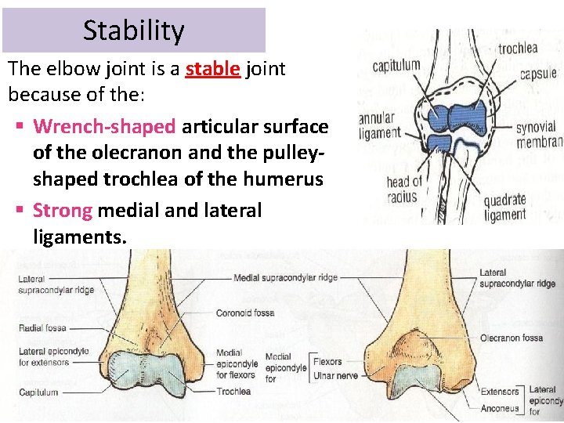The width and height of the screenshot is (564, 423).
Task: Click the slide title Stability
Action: click(133, 31)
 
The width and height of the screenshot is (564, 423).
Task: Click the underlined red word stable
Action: click(212, 69)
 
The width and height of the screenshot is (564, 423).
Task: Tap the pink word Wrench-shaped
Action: click(104, 125)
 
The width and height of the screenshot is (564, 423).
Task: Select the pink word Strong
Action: click(63, 210)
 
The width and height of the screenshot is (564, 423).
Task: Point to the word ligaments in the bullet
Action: click(79, 236)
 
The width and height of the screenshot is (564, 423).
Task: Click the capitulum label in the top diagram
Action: click(396, 66)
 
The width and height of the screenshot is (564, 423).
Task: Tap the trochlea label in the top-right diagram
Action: click(518, 49)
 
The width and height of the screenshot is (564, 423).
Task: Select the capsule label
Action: click(538, 75)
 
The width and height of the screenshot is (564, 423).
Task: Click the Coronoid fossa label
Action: click(245, 313)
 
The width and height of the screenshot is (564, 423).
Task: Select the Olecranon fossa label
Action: click(512, 339)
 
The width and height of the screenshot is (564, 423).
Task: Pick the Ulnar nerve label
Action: click(334, 376)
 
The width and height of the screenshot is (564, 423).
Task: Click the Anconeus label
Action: click(500, 407)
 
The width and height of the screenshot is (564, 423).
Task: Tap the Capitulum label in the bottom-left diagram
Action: click(38, 392)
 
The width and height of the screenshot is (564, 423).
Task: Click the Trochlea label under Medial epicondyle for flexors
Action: click(233, 392)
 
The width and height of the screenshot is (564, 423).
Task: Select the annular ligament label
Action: click(379, 126)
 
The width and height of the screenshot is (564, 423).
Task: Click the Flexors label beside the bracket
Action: click(327, 362)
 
